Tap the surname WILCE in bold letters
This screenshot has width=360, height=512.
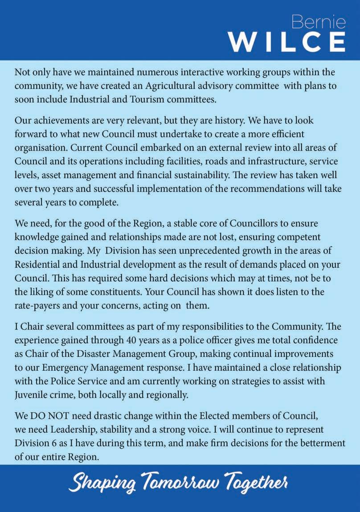point(287,42)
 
